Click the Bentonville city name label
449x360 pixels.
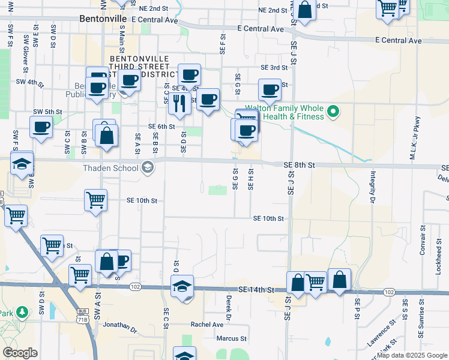coord(103,19)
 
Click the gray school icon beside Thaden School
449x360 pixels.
coord(148,168)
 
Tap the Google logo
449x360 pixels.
coord(20,353)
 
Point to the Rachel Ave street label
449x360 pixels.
coord(207,325)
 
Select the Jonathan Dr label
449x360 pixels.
coord(120,327)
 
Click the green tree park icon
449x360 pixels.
coord(22,313)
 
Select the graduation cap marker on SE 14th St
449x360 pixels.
coord(182,286)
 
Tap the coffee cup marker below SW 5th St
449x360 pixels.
coord(41,127)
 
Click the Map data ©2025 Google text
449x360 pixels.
coord(412,355)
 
